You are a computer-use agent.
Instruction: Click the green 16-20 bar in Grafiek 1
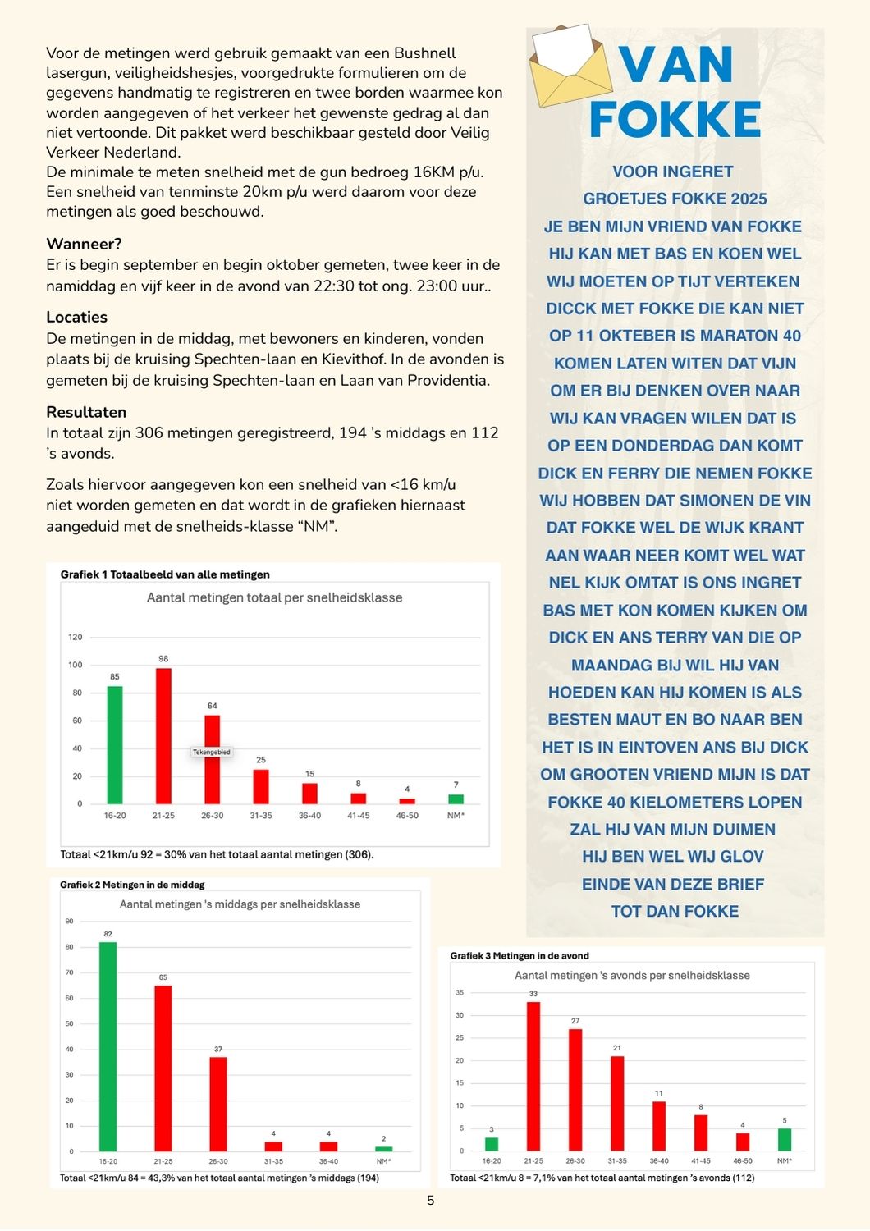[115, 744]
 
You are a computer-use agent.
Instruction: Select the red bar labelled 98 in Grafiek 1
[163, 735]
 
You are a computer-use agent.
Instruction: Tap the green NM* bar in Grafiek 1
[456, 799]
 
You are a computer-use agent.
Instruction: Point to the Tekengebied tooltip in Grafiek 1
[212, 752]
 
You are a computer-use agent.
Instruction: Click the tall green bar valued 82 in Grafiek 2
[108, 1046]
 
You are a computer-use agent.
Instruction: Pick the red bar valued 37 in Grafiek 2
[218, 1104]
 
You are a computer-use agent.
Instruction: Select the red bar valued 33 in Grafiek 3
[533, 1076]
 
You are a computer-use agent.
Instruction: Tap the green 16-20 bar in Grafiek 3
[492, 1144]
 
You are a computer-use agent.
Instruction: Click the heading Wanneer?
[84, 244]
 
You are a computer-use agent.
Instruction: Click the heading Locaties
[76, 317]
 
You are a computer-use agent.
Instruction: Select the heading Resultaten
[86, 412]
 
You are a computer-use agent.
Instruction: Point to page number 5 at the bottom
[431, 1201]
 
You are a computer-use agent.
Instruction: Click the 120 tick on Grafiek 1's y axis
[76, 637]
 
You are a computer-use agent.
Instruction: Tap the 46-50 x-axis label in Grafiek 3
[742, 1161]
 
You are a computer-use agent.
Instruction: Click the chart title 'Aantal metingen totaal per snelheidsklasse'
[274, 597]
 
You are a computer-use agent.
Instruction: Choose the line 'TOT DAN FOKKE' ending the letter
[675, 911]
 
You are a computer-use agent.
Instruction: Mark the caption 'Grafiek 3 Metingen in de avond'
[519, 955]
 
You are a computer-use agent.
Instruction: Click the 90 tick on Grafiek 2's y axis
[70, 922]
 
